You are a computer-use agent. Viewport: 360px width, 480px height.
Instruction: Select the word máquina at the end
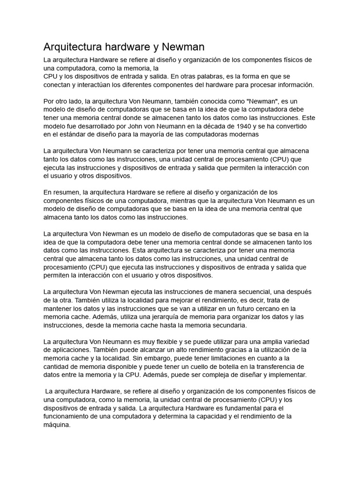point(57,425)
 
